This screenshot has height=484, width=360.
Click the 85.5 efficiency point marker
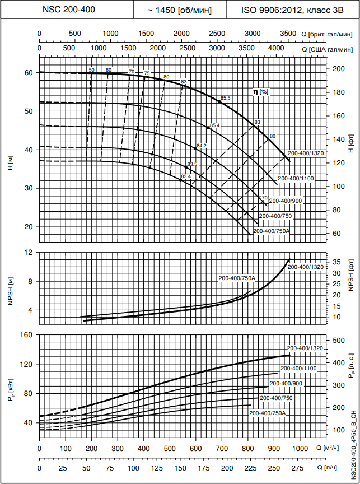[x=220, y=101]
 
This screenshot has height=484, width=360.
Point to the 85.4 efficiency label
[x=215, y=125]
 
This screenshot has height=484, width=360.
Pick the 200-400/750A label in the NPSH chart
[x=237, y=278]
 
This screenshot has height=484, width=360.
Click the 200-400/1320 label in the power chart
[x=305, y=348]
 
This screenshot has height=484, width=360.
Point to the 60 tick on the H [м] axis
[x=27, y=73]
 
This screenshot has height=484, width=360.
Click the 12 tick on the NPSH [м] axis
[x=29, y=253]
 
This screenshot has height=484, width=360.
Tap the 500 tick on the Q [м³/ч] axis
[x=170, y=448]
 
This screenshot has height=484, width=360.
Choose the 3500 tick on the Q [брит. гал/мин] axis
[x=288, y=34]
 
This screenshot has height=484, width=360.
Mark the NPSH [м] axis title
[x=10, y=291]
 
